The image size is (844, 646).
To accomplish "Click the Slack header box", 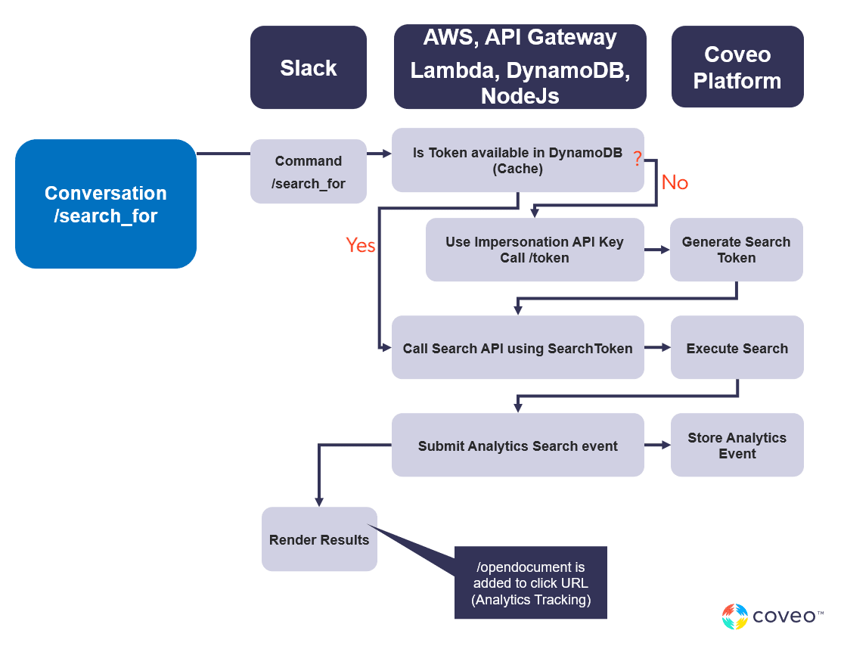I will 308,68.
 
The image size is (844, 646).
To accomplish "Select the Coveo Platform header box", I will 737,67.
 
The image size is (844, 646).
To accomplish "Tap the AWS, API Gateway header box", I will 520,67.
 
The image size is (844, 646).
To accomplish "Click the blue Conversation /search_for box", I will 106,204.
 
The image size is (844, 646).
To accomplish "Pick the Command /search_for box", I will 308,172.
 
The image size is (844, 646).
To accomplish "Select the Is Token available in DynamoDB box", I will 517,160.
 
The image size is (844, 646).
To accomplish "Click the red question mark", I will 638,159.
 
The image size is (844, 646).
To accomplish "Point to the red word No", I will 675,183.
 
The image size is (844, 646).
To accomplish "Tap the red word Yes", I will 361,245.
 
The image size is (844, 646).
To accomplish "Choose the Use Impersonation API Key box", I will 534,250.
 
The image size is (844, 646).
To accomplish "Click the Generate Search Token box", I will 736,250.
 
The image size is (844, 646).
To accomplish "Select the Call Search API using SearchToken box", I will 517,348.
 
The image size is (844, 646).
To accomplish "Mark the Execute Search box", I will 737,348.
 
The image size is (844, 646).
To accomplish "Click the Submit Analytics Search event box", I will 517,446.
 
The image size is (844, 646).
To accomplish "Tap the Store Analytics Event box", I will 737,446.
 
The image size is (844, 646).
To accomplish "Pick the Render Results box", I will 319,539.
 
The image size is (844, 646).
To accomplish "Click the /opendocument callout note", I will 531,583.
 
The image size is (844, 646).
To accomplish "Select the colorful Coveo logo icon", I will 734,616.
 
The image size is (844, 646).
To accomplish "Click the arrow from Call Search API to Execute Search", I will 657,348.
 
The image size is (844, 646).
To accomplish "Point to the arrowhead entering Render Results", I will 319,502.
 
